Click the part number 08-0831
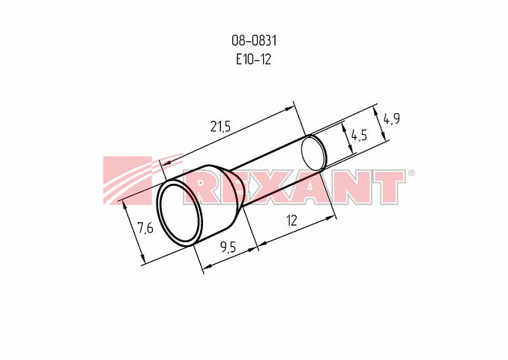point(254,40)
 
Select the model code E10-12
point(253,59)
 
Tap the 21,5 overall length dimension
point(220,127)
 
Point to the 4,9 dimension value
point(392,118)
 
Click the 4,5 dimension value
point(359,134)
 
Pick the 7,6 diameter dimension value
point(145,228)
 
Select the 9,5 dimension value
point(229,247)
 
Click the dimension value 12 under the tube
point(292,220)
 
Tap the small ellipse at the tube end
point(314,153)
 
